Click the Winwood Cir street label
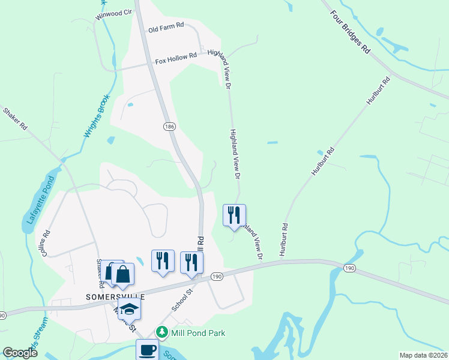113,13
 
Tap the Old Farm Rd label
166,28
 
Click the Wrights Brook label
97,117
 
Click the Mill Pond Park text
197,332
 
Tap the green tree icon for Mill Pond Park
161,332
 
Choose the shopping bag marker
122,274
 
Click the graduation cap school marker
129,309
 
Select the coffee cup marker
147,349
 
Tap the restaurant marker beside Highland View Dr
234,215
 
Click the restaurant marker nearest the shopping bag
163,261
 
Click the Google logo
20,353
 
